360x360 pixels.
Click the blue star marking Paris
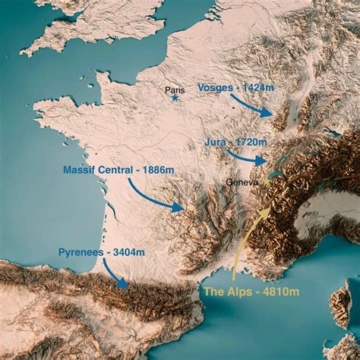tap(175, 98)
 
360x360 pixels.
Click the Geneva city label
tap(243, 182)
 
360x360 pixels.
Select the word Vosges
tap(215, 87)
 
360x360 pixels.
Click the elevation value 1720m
tap(250, 142)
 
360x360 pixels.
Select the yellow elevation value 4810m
tap(275, 291)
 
